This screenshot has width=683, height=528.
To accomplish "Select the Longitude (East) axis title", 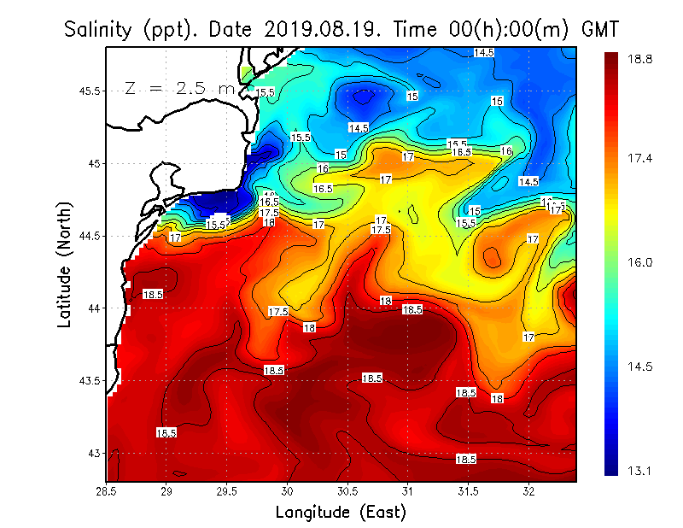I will pos(341,513).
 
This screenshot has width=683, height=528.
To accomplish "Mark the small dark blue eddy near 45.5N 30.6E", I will pos(363,97).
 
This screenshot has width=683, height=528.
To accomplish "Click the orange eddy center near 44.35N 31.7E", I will pos(493,256).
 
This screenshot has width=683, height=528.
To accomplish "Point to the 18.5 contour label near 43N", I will pos(465,459).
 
